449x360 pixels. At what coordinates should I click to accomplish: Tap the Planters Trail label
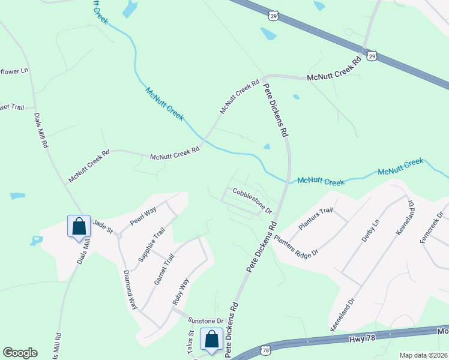coord(315,218)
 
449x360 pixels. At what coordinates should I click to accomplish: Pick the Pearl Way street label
coord(143,216)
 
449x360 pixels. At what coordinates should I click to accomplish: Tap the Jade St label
coord(103,224)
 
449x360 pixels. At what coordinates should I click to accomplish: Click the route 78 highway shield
coord(265,349)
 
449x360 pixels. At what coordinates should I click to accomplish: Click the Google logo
coord(20,353)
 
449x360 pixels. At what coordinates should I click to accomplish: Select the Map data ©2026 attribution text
coord(423,355)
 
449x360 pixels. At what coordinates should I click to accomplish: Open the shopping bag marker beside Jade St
coord(79,226)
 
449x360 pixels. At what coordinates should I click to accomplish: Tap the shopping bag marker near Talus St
coord(212,339)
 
